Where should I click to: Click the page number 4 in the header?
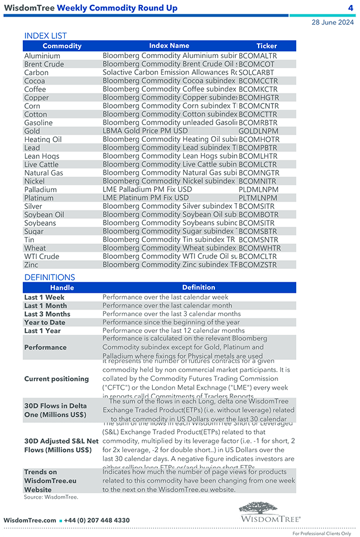click(351, 8)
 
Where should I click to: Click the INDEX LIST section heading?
click(45, 36)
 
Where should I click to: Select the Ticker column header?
click(266, 46)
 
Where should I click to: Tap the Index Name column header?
click(169, 46)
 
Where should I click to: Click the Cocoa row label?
click(34, 81)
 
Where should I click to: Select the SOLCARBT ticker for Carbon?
click(256, 73)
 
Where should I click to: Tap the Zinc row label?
click(31, 265)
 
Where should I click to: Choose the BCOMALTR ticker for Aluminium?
click(258, 56)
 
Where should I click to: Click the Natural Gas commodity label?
click(44, 173)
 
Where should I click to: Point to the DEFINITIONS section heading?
click(49, 277)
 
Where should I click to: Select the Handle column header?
click(61, 288)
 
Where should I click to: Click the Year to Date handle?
click(45, 322)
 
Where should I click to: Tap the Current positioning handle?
click(56, 379)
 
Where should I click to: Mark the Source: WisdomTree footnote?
click(51, 497)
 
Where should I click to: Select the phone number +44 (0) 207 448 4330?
click(97, 520)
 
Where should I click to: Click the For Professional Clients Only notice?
click(321, 534)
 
